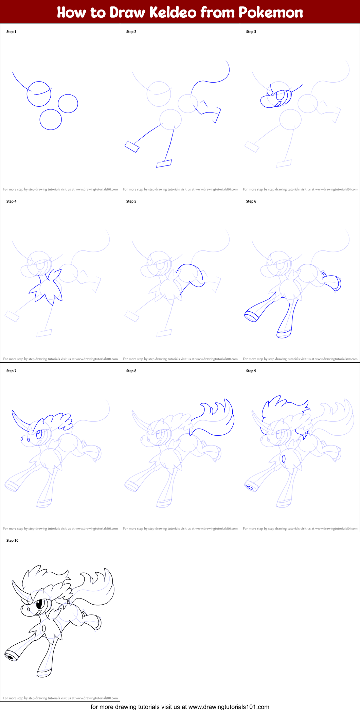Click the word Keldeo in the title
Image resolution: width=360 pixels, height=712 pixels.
[173, 13]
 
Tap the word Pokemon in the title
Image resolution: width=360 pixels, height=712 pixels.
[271, 13]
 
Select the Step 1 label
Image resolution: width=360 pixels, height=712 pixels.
[11, 32]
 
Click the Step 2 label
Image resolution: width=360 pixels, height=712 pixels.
[131, 32]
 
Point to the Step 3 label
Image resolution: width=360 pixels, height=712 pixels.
[251, 32]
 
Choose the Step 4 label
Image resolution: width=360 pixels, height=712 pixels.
[11, 201]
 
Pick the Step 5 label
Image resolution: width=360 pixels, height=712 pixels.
[131, 201]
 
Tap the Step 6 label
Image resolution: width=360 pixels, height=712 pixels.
[251, 201]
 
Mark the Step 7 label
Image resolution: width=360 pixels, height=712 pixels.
[11, 371]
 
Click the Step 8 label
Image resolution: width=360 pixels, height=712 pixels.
[131, 371]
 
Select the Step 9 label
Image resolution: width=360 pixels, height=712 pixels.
[251, 371]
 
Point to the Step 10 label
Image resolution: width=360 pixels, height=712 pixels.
[12, 540]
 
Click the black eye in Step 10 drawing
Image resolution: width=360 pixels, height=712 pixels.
[39, 604]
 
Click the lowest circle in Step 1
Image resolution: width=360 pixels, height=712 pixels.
[51, 119]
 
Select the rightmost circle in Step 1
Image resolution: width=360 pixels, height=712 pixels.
[68, 103]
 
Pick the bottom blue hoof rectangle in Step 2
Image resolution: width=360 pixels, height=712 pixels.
[164, 163]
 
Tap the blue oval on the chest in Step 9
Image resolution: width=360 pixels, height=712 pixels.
[284, 459]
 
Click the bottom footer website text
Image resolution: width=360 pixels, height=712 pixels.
[180, 707]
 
